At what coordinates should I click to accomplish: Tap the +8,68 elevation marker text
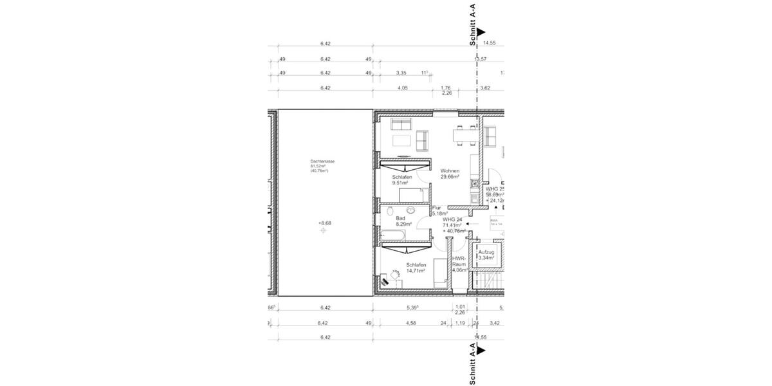[x=324, y=223]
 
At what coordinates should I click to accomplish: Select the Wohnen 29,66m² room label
[x=448, y=174]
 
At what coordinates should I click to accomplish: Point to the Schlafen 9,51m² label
[x=401, y=179]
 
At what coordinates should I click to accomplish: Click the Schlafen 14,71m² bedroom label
[x=416, y=268]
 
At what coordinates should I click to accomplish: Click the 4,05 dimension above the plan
[x=403, y=87]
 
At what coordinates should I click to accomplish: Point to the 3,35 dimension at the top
[x=402, y=73]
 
